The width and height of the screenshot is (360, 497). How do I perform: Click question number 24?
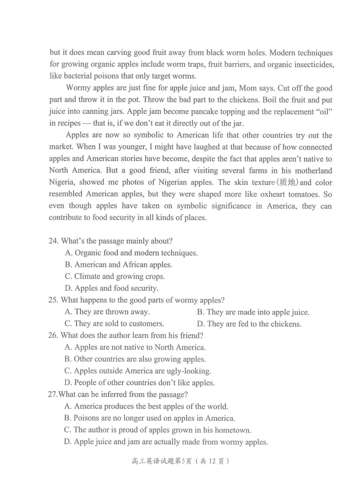tap(53, 242)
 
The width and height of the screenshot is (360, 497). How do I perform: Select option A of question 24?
tap(131, 253)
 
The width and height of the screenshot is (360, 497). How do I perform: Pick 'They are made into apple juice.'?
tap(253, 313)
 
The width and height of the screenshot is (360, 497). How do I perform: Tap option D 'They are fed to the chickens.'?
tap(249, 324)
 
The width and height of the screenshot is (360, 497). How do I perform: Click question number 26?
tap(53, 335)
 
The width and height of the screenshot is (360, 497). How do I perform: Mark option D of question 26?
tap(140, 383)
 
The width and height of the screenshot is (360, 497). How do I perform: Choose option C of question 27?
tap(158, 430)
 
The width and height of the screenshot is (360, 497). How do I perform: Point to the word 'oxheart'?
tap(274, 195)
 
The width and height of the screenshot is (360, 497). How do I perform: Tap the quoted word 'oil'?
tap(323, 112)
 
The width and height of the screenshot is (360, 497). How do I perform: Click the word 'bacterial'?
tap(81, 76)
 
